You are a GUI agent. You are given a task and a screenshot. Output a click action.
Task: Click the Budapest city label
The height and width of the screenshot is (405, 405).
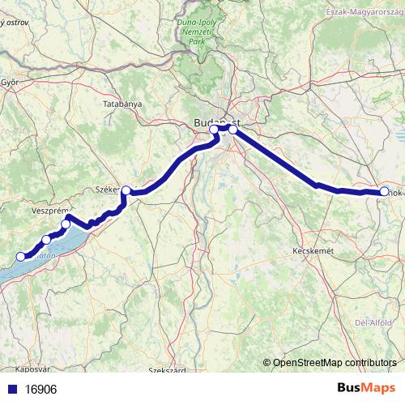coord(218,122)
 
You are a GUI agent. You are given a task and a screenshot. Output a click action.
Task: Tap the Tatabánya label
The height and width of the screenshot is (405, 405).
coord(122,104)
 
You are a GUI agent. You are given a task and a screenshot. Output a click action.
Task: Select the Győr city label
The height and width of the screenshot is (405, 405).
coord(10,82)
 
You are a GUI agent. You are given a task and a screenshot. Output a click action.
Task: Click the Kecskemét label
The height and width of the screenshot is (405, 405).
coord(312,252)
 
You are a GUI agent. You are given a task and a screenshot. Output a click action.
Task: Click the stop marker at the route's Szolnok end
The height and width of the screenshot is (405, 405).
coord(384,192)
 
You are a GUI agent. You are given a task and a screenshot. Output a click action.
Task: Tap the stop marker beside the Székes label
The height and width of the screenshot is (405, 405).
coord(126,190)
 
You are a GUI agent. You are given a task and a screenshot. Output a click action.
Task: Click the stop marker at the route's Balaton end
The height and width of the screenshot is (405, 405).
coord(20,256)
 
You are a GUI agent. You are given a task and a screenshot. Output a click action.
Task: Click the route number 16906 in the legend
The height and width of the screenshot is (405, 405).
coord(40,389)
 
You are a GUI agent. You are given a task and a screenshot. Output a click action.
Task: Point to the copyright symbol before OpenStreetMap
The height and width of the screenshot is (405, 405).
coord(266,363)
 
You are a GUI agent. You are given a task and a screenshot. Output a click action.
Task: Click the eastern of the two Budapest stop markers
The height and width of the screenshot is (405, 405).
coord(233,130)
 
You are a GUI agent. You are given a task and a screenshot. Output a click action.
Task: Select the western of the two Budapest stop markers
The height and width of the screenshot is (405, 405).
coord(214,130)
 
